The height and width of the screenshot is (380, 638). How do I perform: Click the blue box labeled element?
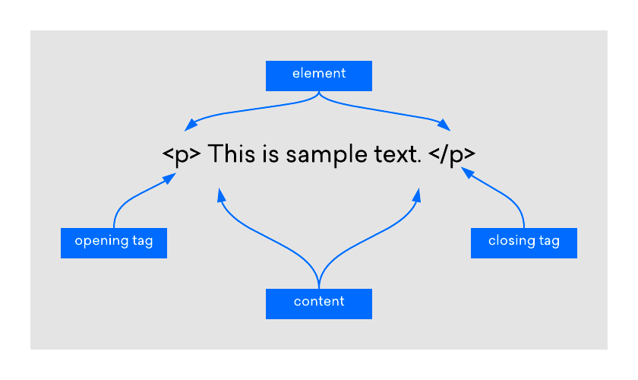[x=319, y=75]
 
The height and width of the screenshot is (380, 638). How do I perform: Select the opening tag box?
[x=114, y=242]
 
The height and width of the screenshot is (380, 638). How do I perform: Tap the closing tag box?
[x=524, y=242]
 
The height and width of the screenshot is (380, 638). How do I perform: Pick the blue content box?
[x=319, y=303]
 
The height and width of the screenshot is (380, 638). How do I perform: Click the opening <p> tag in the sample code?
[x=182, y=155]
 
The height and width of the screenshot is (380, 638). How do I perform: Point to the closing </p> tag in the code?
[x=452, y=155]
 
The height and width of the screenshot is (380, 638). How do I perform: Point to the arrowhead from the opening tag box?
[x=171, y=178]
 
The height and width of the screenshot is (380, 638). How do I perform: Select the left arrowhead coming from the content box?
[x=220, y=195]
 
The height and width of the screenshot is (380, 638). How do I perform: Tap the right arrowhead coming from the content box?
[x=417, y=195]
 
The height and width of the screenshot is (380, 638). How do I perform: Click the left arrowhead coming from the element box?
[x=191, y=124]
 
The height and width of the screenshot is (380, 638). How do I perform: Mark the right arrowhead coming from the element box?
[x=444, y=124]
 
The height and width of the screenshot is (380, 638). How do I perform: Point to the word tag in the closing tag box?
[x=549, y=242]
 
